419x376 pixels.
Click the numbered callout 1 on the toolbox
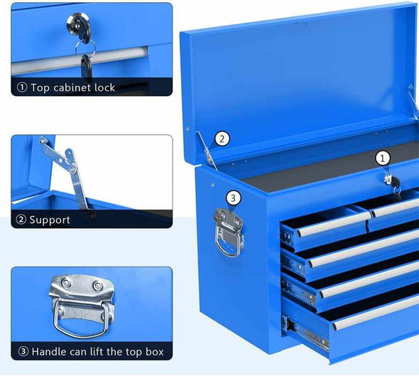[x=383, y=158]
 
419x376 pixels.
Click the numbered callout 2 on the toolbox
[x=222, y=139]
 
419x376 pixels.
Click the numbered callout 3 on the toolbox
[x=233, y=198]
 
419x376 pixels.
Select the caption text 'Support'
[x=49, y=220]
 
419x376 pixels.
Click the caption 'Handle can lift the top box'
[x=96, y=351]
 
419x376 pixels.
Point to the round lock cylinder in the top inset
[x=79, y=24]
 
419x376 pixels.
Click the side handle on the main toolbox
[x=229, y=231]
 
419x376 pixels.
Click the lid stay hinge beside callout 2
[x=207, y=150]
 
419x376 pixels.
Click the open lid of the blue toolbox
[x=298, y=78]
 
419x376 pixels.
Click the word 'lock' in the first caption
[x=102, y=87]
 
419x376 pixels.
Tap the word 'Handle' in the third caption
[x=50, y=351]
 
